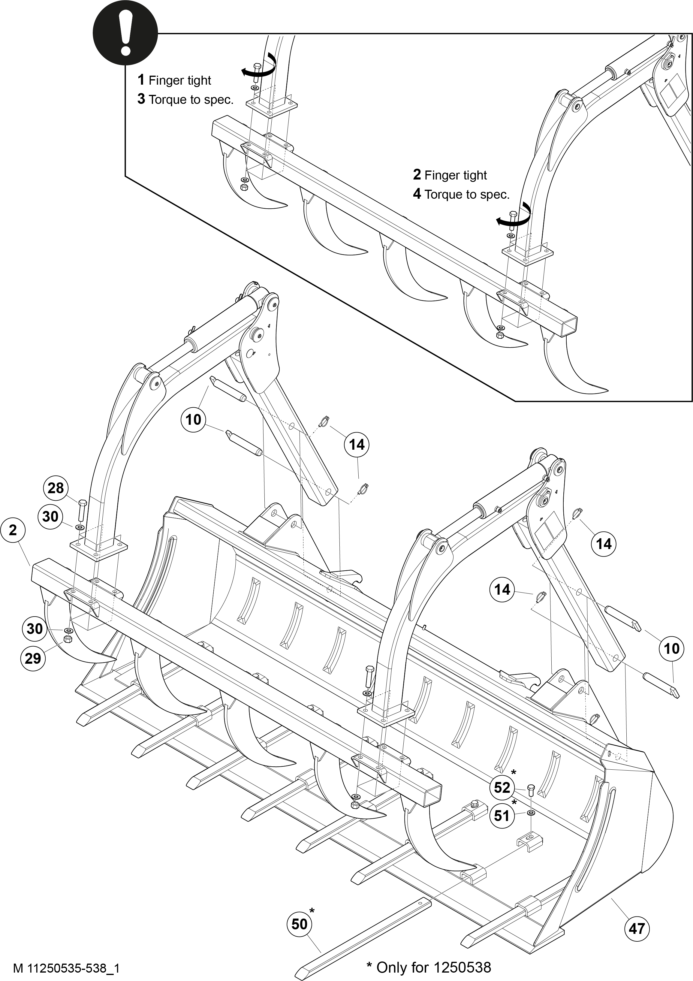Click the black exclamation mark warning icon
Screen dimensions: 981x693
(125, 34)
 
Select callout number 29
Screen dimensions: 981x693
(33, 658)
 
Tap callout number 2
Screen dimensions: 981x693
(13, 530)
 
